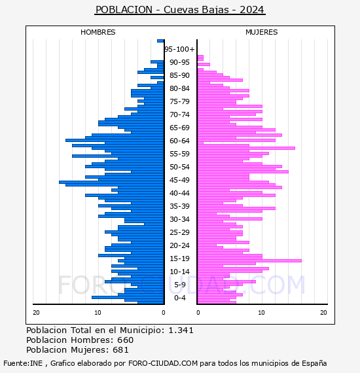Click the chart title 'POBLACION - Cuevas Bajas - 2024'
[x=180, y=10]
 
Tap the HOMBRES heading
[x=98, y=32]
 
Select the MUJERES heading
[x=262, y=32]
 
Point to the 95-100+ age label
[x=179, y=49]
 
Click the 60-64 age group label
[x=179, y=141]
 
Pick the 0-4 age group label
[x=179, y=298]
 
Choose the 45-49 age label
[x=179, y=180]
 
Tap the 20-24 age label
[x=179, y=245]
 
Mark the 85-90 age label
[x=179, y=75]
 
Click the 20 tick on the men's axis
[x=36, y=312]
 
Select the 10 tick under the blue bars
[x=98, y=312]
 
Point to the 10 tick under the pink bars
[x=262, y=312]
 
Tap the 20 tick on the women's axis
[x=323, y=312]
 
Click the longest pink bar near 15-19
[x=249, y=260]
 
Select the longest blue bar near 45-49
[x=111, y=182]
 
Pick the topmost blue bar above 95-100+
[x=160, y=41]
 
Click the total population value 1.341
[x=181, y=330]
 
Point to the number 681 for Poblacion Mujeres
[x=120, y=350]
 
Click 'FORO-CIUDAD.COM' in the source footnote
[x=163, y=363]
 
